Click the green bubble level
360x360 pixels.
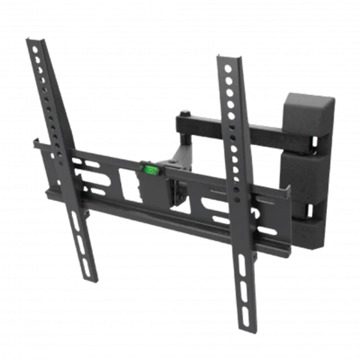[x=149, y=171]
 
